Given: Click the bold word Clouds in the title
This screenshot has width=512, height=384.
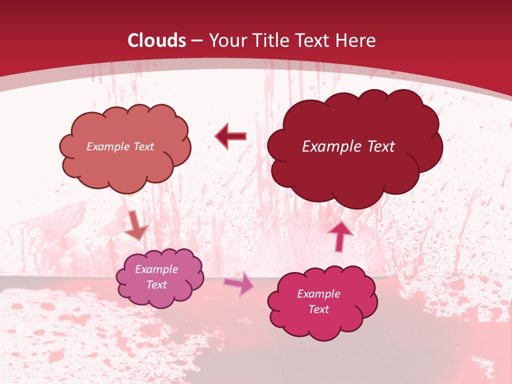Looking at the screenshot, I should point(157,41).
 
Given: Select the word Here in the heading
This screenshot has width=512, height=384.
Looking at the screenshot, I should point(356,41).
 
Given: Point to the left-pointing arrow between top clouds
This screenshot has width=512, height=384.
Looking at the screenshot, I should point(231,137).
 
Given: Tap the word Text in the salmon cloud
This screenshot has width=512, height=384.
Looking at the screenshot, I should point(143,147).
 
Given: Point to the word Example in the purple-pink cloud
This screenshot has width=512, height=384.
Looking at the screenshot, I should point(157,269).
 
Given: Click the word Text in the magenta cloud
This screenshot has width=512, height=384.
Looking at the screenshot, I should point(319,309).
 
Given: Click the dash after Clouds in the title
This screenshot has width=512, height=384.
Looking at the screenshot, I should point(197,41).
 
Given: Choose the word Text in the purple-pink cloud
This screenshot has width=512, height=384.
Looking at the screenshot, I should point(157,285).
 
